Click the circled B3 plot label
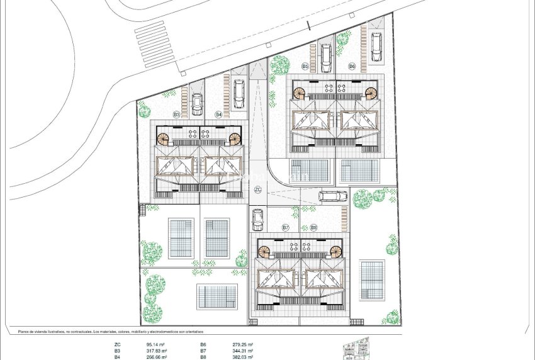[177, 115]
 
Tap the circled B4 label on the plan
[218, 115]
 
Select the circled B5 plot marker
[305, 65]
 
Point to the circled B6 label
[352, 65]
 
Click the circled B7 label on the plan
[286, 227]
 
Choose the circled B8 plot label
[313, 227]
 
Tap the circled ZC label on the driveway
[257, 189]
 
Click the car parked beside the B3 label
[197, 103]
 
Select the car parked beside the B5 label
[325, 58]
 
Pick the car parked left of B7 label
[257, 219]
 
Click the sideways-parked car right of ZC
[332, 196]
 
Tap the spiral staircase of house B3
[163, 138]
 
